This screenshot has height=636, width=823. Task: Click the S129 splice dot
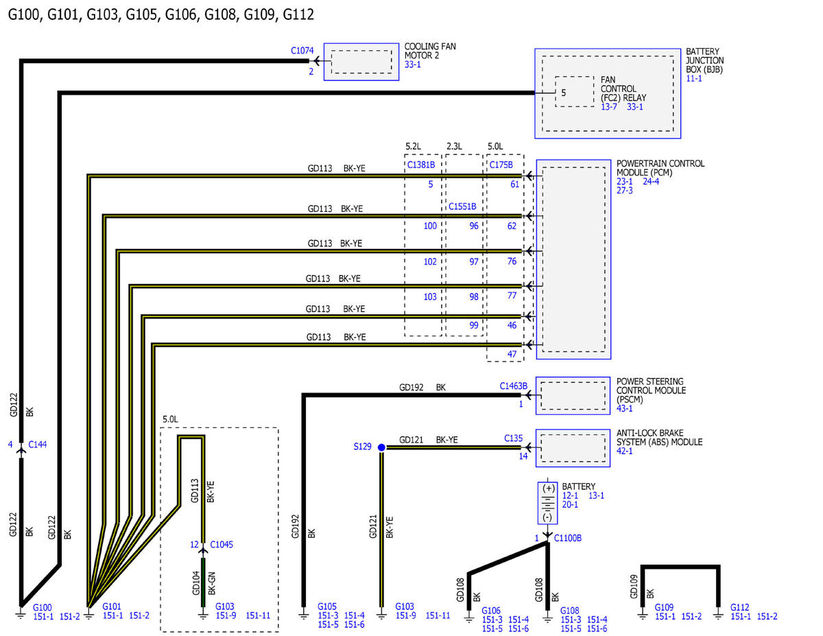[x=381, y=447]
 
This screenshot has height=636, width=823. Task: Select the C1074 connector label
[x=302, y=50]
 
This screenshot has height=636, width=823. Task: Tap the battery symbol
[x=547, y=503]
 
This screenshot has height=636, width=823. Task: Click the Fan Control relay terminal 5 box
[x=574, y=92]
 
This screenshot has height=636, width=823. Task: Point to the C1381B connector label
[x=421, y=165]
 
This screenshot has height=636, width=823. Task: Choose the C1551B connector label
[x=462, y=207]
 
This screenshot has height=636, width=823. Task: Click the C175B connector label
[x=501, y=165]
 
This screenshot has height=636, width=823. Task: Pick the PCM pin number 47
[x=512, y=354]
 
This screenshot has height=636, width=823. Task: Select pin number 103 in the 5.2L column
[x=430, y=296]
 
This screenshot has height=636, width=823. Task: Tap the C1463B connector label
[x=513, y=386]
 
